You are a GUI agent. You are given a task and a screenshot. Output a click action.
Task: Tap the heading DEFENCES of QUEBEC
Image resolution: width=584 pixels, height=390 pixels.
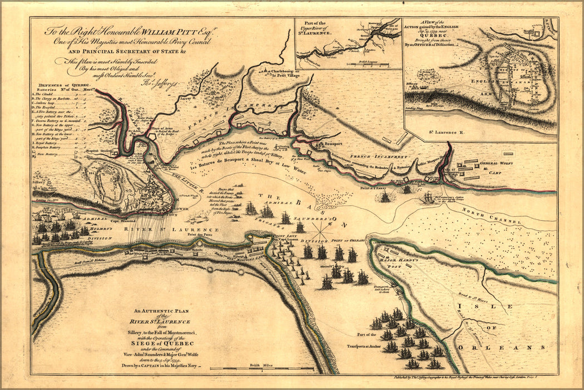click(x=55, y=85)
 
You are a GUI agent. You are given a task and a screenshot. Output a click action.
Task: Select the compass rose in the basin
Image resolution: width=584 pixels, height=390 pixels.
click(x=321, y=227)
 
